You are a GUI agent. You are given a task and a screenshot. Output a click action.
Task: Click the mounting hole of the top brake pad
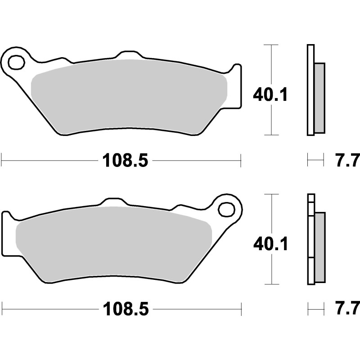[17, 62]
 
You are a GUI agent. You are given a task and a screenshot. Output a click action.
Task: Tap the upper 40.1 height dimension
[270, 95]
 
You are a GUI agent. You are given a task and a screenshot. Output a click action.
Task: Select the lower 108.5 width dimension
[125, 310]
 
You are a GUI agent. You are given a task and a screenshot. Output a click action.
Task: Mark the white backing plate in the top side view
[310, 90]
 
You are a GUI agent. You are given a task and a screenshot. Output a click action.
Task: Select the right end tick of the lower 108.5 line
[241, 309]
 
